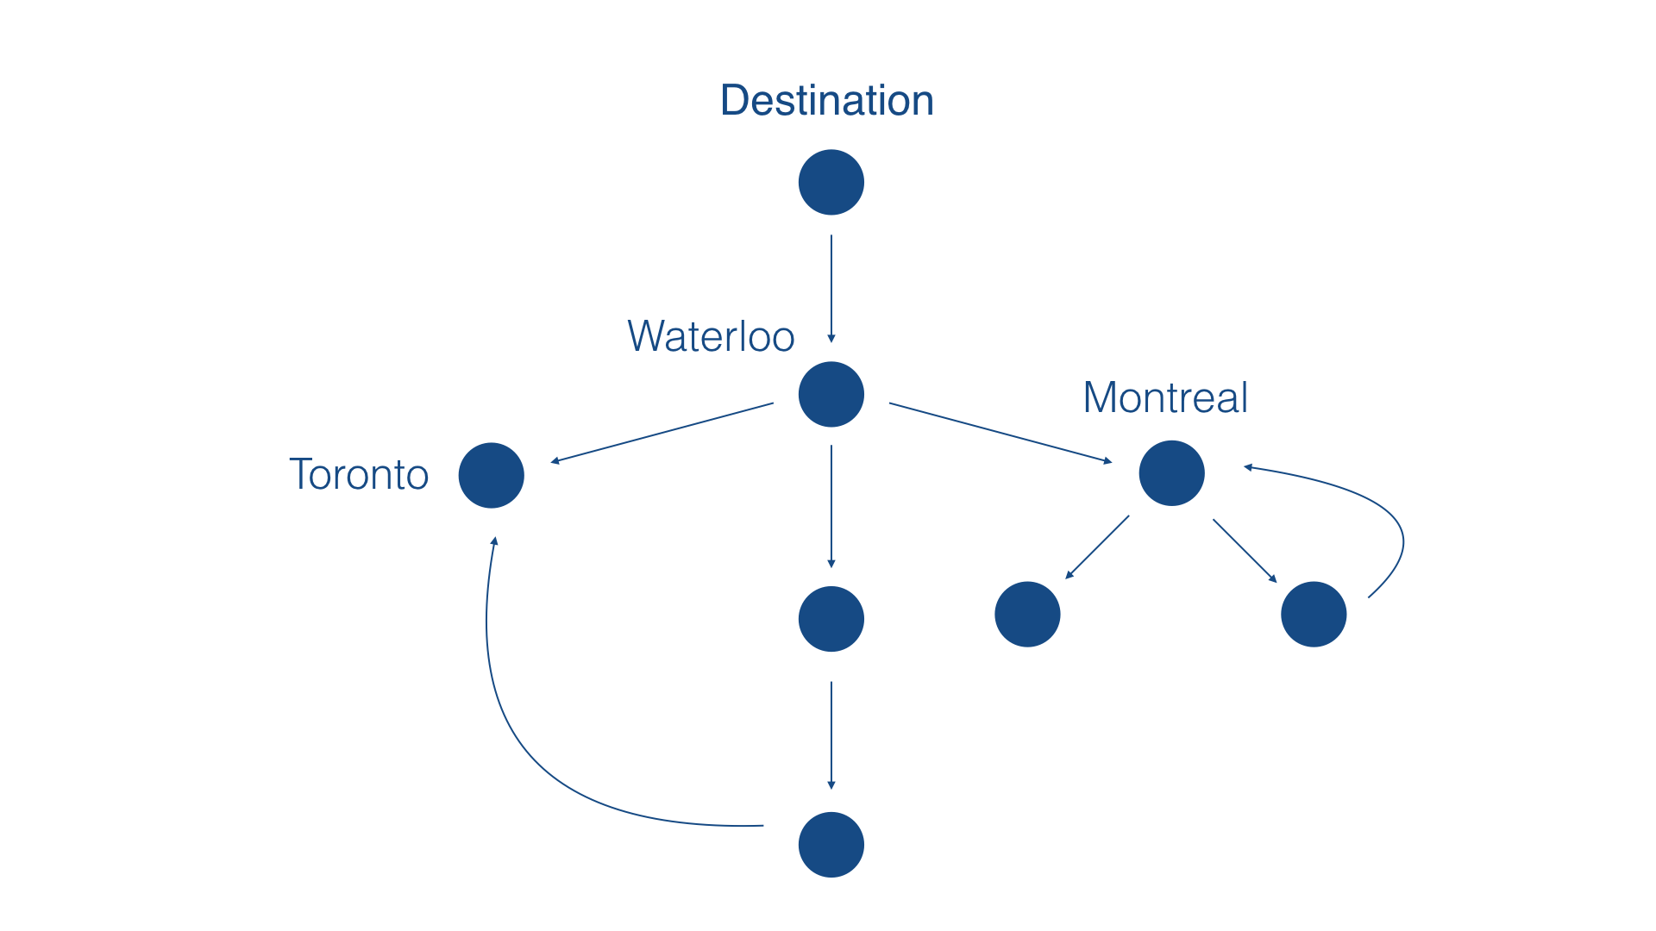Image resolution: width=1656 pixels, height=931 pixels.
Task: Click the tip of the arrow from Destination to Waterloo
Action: click(x=831, y=343)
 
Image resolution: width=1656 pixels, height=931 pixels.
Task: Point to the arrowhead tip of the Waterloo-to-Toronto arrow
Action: click(x=550, y=463)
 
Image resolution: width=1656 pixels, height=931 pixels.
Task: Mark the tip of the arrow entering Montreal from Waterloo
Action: click(x=1113, y=463)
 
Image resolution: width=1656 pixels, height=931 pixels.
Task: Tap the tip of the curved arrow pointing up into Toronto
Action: click(x=495, y=536)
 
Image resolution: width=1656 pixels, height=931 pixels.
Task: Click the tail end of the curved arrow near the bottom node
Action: click(x=763, y=826)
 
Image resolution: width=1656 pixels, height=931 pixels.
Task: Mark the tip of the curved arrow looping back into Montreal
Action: click(x=1243, y=467)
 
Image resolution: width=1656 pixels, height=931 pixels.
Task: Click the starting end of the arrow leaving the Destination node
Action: click(x=831, y=235)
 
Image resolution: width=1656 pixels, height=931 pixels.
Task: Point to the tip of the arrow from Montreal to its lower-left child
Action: click(x=1066, y=579)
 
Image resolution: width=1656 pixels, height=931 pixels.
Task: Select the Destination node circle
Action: click(x=831, y=183)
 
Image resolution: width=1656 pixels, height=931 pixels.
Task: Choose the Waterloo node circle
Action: click(x=831, y=395)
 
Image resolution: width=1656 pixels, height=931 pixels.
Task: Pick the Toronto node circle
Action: click(x=492, y=476)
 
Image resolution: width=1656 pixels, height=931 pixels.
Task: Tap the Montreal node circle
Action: click(x=1172, y=473)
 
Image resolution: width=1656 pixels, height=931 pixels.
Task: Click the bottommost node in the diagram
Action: click(x=831, y=845)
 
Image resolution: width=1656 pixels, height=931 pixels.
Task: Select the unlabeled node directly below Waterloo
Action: click(x=831, y=619)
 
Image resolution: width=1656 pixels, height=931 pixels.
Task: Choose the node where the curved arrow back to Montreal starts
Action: click(x=1314, y=615)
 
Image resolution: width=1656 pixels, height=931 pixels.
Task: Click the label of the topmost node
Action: click(x=827, y=100)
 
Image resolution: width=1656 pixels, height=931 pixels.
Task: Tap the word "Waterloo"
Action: click(x=712, y=336)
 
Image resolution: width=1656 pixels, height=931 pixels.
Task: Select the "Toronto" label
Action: click(x=359, y=474)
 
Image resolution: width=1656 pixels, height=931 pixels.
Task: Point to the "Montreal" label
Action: click(x=1165, y=397)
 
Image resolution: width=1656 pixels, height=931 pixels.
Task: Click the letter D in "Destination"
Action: click(x=735, y=100)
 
